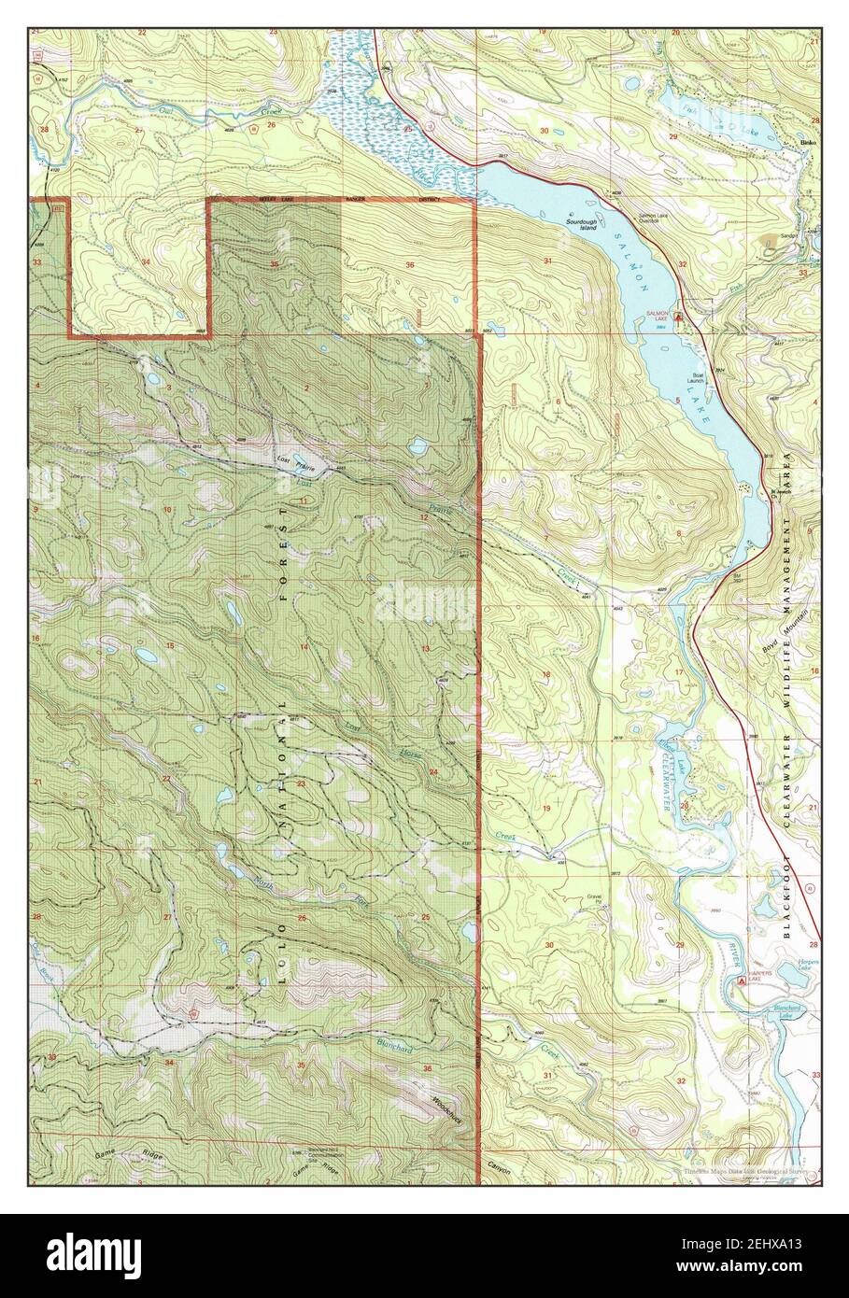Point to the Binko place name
(x=809, y=142)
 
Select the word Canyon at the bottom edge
(x=502, y=1166)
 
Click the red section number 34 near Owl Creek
(x=145, y=262)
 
